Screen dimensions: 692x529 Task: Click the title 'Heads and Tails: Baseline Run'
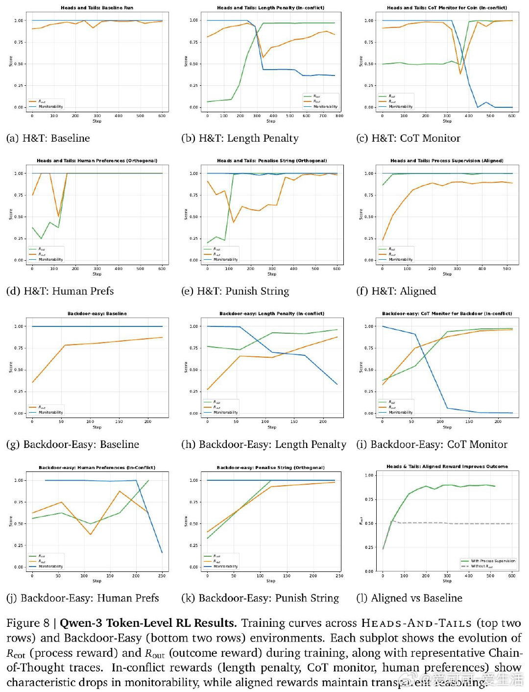(x=97, y=8)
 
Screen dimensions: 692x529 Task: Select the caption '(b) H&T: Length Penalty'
(x=240, y=138)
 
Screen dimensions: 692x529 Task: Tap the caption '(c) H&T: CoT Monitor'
(x=408, y=138)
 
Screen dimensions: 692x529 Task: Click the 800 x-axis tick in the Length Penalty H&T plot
(x=339, y=116)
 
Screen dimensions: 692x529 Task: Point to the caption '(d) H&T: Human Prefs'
(x=60, y=291)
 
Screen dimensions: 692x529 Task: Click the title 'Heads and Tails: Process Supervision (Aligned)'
(x=447, y=161)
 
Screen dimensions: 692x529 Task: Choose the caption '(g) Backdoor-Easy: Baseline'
(x=72, y=445)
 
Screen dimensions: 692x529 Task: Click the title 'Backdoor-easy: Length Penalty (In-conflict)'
(x=272, y=314)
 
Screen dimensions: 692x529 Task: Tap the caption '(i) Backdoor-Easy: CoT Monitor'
(x=432, y=445)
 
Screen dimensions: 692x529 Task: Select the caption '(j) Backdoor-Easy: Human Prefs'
(x=82, y=598)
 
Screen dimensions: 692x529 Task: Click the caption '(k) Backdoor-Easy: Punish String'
(x=260, y=598)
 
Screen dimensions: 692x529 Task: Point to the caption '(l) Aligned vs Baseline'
(x=409, y=598)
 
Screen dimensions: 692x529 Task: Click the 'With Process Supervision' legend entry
(x=493, y=561)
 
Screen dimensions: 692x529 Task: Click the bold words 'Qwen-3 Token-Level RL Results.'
(x=148, y=623)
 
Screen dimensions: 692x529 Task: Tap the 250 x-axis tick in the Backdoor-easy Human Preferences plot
(x=162, y=576)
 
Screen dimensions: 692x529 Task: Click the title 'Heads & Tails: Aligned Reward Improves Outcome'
(x=447, y=467)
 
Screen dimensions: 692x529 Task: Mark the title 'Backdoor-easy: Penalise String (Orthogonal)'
(x=271, y=468)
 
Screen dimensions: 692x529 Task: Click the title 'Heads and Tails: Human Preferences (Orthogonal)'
(x=97, y=161)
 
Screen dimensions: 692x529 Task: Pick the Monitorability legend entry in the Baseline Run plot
(x=50, y=107)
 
